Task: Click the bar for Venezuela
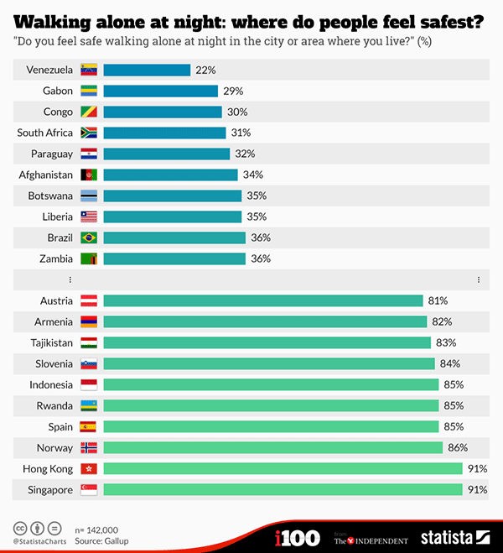click(x=147, y=70)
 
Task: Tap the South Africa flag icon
click(x=89, y=133)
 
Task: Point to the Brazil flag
click(x=89, y=237)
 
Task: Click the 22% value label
click(x=205, y=70)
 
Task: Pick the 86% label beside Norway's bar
click(x=457, y=448)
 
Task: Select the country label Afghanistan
click(x=47, y=175)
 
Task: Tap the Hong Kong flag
click(x=89, y=469)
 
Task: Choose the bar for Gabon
click(x=160, y=91)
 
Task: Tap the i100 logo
click(x=297, y=537)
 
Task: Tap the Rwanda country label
click(x=54, y=406)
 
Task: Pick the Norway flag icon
click(x=89, y=448)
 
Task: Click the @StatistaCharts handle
click(x=36, y=541)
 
